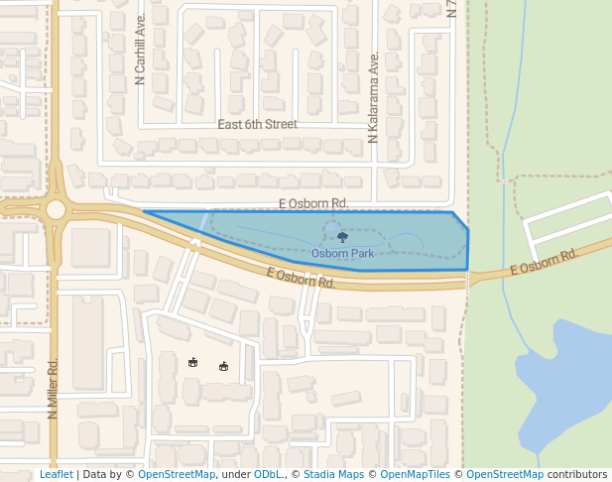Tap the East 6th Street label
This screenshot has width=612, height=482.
257,125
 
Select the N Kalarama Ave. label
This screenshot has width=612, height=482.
374,98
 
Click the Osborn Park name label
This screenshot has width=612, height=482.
342,254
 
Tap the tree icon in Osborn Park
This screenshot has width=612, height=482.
342,237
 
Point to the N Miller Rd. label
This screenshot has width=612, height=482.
54,389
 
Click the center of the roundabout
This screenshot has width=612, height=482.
56,209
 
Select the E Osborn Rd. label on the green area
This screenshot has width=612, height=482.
544,263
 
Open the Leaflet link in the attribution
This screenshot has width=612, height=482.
56,475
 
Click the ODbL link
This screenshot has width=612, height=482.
268,475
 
